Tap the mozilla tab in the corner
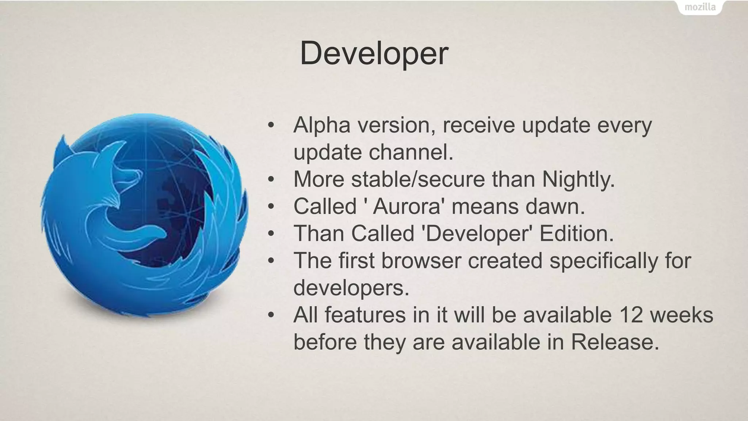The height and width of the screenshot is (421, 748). click(700, 7)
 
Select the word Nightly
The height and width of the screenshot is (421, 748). click(578, 180)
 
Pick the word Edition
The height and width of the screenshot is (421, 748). click(576, 234)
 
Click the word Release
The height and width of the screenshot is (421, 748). click(615, 342)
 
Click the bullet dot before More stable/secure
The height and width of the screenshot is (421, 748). click(271, 180)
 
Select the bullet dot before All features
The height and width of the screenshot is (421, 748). click(271, 315)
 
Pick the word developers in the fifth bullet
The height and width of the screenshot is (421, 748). click(351, 288)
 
